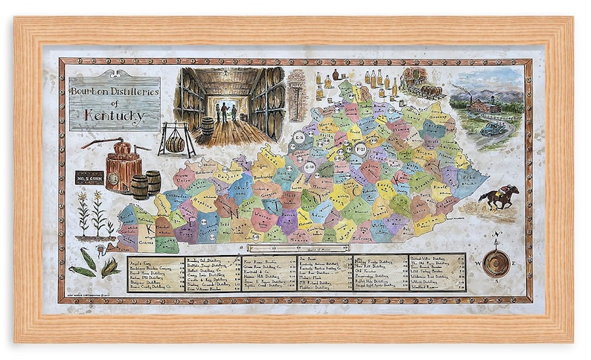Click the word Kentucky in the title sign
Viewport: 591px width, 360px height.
114,116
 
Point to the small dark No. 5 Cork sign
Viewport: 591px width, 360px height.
89,178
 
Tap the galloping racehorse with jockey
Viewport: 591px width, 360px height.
499,196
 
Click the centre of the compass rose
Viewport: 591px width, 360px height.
496,263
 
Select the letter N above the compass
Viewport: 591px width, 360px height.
497,237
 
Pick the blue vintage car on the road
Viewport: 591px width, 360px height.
492,128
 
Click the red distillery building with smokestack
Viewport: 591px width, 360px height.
483,106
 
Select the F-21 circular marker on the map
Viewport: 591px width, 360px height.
360,149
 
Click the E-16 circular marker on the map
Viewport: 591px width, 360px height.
299,138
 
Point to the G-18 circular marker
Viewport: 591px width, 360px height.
309,168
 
